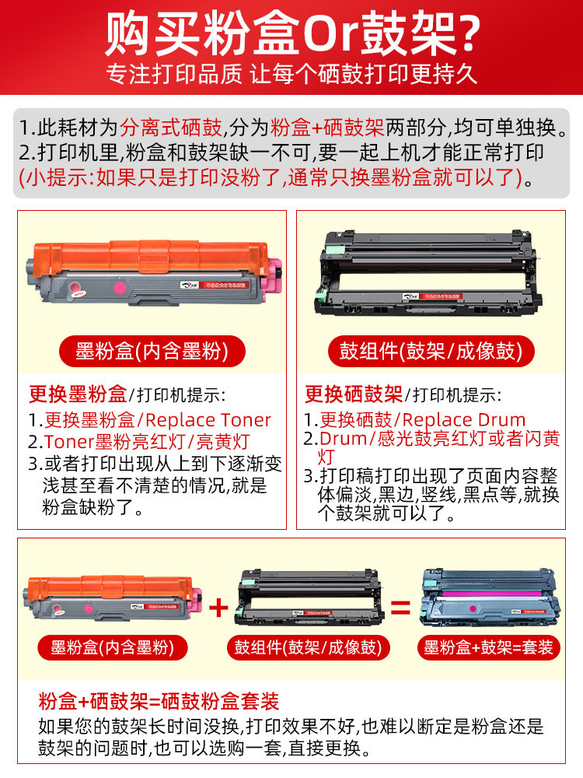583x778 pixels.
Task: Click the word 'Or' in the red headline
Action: (x=330, y=36)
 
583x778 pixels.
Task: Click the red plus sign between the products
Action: (x=218, y=608)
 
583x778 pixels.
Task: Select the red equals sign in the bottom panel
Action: (x=400, y=608)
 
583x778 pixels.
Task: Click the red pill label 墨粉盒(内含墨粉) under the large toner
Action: (x=152, y=352)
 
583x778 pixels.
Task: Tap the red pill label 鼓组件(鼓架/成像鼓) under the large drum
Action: (x=431, y=352)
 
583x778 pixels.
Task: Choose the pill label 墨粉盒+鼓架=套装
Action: (x=488, y=647)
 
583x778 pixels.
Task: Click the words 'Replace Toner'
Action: (x=208, y=420)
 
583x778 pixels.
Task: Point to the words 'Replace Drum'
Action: (x=463, y=420)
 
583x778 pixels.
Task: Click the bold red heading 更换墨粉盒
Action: (x=78, y=394)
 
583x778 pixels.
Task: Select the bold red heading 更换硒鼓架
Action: (x=354, y=394)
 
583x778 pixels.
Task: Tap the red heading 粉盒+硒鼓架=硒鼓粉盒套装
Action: (x=159, y=702)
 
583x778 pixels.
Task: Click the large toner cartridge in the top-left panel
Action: (x=154, y=272)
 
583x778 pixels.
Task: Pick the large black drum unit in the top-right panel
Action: (x=428, y=273)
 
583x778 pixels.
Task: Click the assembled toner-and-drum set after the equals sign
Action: (x=490, y=601)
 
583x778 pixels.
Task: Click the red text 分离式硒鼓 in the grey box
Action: (x=170, y=128)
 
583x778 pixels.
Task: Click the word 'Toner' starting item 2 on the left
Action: (x=69, y=442)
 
